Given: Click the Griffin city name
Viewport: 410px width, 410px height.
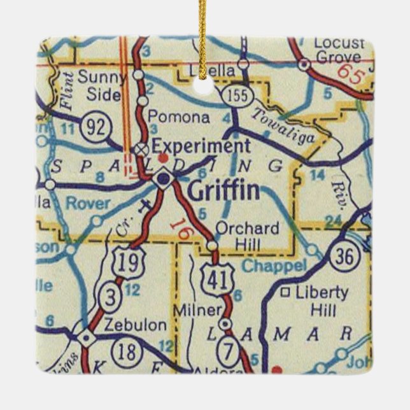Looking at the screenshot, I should click(x=223, y=190).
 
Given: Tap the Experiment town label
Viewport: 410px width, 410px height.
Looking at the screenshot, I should click(x=200, y=146).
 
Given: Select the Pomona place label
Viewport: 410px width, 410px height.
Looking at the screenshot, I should click(x=178, y=118).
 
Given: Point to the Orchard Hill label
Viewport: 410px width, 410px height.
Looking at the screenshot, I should click(x=247, y=235).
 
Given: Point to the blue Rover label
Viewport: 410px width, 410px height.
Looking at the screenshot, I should click(x=89, y=204).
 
